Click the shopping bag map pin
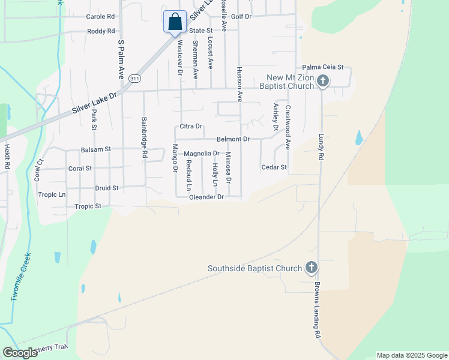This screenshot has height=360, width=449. click(175, 22)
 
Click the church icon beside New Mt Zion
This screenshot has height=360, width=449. click(322, 81)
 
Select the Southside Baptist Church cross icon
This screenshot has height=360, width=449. click(311, 268)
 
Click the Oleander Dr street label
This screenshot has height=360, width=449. click(206, 197)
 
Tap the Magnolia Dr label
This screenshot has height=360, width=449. click(202, 154)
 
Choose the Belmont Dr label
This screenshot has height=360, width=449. click(233, 139)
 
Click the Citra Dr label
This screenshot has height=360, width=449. click(191, 127)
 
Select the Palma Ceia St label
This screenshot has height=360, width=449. click(322, 67)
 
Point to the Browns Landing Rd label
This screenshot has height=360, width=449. click(318, 310)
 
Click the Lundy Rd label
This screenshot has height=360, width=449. click(321, 146)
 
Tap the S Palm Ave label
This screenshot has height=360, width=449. click(121, 59)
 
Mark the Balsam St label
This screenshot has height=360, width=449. click(96, 149)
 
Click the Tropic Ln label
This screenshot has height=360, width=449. click(52, 194)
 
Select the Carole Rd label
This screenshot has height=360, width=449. click(100, 17)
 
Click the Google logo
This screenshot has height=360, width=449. click(20, 353)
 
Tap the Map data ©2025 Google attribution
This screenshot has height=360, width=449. click(411, 355)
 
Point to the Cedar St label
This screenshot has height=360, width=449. click(274, 167)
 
